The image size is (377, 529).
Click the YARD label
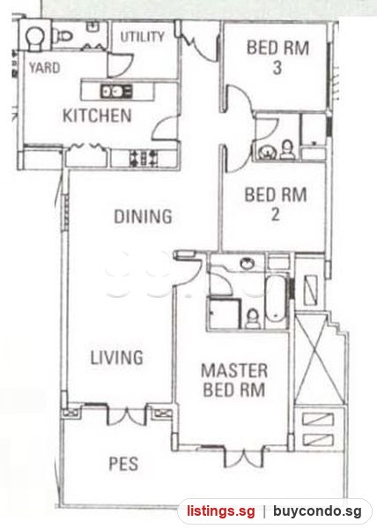tap(44, 68)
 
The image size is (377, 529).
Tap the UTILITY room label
tap(143, 37)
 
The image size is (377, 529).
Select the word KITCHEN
tap(97, 115)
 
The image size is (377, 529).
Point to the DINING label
tap(144, 216)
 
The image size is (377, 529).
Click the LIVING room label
tap(117, 358)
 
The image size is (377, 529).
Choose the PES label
tap(123, 464)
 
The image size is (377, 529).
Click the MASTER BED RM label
tap(234, 380)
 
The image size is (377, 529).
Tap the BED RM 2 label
tap(276, 205)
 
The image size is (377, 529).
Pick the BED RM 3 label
tap(277, 57)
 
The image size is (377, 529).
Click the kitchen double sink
tap(116, 91)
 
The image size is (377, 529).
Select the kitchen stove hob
tap(144, 158)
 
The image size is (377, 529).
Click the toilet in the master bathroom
tap(253, 318)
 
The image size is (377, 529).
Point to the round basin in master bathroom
tap(248, 263)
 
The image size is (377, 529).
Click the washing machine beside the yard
tap(35, 34)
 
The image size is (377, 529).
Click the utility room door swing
tap(121, 64)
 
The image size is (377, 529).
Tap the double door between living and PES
tap(127, 415)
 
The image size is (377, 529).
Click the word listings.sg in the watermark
tap(221, 511)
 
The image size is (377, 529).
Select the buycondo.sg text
tap(318, 511)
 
